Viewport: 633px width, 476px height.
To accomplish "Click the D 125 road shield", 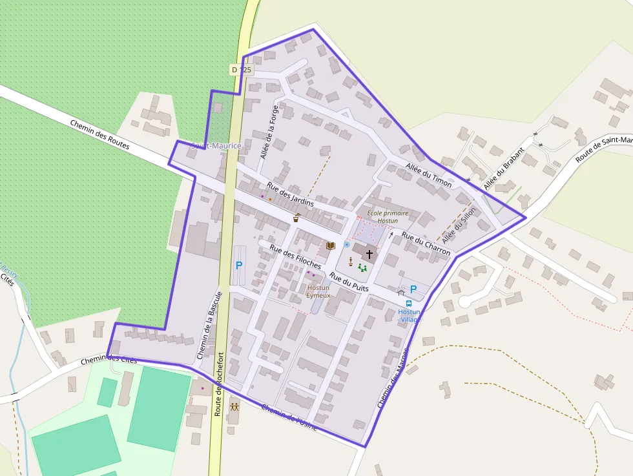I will [x=241, y=69].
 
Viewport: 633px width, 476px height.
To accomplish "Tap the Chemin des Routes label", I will [x=99, y=135].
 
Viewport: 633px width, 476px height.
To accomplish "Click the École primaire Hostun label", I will [x=388, y=216].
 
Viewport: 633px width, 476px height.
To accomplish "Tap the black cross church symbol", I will [x=369, y=254].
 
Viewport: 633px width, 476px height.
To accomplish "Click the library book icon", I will [x=331, y=246].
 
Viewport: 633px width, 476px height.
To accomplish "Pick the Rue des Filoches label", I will [x=295, y=256].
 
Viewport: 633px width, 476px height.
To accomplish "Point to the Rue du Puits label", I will [x=349, y=282].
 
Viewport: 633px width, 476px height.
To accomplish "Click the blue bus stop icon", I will [x=409, y=304].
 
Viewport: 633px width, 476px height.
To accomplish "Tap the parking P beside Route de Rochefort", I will [x=239, y=265].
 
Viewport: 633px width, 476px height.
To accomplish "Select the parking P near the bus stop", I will [x=413, y=289].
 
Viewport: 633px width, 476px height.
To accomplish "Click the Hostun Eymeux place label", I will [x=318, y=291].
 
